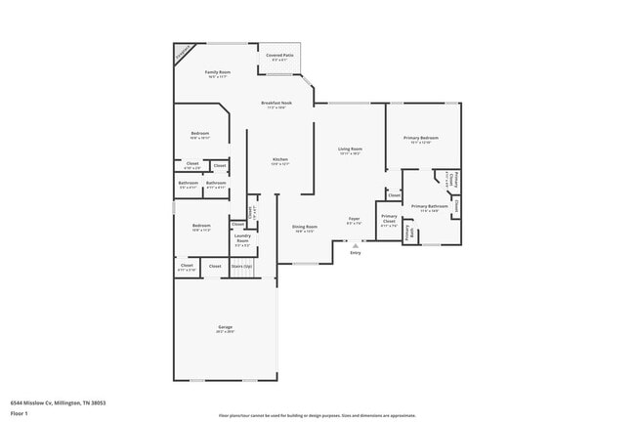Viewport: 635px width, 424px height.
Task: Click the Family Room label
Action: [217, 73]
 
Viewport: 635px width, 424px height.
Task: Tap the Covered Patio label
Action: [279, 56]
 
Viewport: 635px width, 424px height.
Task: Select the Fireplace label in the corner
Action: [184, 53]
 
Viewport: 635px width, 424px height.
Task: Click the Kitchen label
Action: [280, 160]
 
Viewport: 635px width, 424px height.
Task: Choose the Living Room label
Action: [350, 148]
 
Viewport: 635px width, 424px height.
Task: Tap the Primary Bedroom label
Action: [421, 139]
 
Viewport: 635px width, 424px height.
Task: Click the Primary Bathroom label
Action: [429, 206]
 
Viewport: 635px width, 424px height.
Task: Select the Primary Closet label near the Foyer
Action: [389, 219]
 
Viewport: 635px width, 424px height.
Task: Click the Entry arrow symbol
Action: [355, 245]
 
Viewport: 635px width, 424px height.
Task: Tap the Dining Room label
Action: [305, 228]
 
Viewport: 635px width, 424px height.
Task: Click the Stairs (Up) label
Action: [241, 265]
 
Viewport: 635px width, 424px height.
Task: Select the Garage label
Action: [225, 327]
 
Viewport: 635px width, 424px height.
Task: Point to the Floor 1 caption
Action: [20, 413]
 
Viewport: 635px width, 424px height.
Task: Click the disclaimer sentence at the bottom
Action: [317, 415]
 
